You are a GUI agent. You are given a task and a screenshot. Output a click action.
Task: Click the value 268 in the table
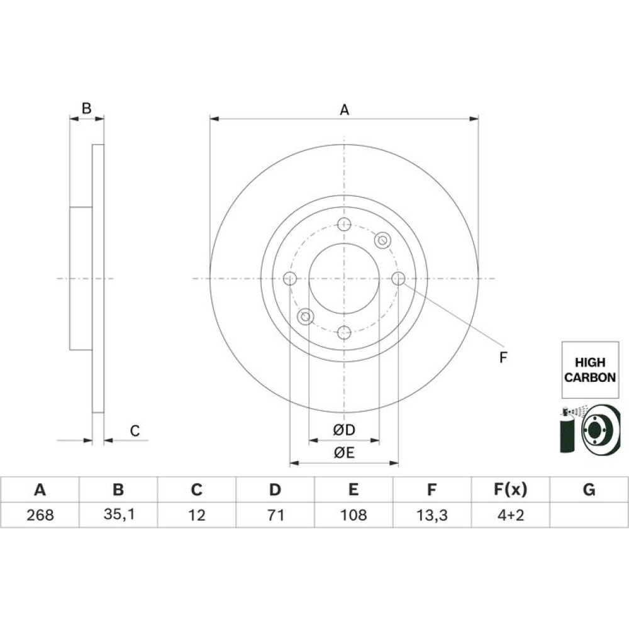click(x=40, y=515)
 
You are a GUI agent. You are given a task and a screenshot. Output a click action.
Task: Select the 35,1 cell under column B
click(x=119, y=515)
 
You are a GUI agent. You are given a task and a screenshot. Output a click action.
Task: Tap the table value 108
click(x=353, y=515)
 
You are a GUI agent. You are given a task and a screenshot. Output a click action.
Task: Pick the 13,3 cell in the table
click(x=431, y=515)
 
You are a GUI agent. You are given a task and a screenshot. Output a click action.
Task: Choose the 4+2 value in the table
click(x=510, y=515)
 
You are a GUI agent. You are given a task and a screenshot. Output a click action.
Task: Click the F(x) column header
click(x=510, y=489)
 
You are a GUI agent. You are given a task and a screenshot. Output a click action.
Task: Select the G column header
click(x=589, y=489)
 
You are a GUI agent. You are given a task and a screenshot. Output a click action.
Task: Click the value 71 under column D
click(x=276, y=515)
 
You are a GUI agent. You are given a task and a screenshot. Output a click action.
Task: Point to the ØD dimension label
click(x=344, y=430)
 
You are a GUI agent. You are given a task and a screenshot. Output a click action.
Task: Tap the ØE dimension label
click(x=344, y=453)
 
